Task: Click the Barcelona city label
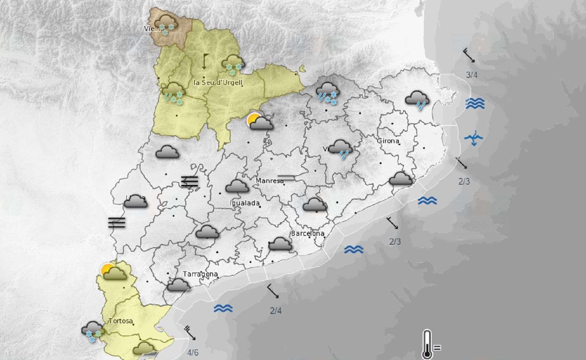(308, 233)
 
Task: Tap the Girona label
(388, 141)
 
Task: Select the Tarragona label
(200, 274)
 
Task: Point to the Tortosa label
(120, 321)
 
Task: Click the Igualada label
(245, 203)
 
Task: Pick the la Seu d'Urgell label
(218, 82)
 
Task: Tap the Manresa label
(270, 181)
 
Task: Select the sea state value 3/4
(471, 75)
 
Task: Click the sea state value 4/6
(193, 352)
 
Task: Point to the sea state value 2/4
(276, 311)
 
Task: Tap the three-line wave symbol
(475, 104)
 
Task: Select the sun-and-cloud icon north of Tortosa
(114, 272)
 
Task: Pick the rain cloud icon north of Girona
(417, 100)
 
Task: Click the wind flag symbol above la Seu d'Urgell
(204, 62)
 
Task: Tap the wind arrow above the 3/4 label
(469, 55)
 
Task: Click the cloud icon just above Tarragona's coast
(178, 285)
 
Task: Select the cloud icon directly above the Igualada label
(237, 186)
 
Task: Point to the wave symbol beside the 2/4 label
(223, 308)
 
